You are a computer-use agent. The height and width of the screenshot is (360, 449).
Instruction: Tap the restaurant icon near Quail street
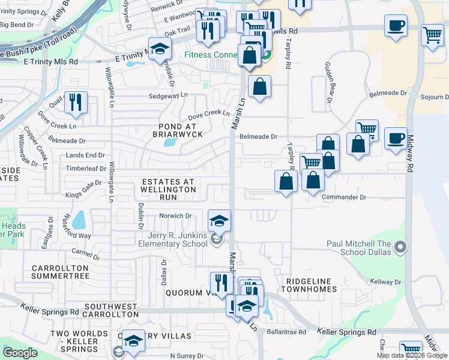click(x=76, y=102)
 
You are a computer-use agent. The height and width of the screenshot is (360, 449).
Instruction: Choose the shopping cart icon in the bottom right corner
click(x=411, y=350)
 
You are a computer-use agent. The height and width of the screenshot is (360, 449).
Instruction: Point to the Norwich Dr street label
click(x=175, y=216)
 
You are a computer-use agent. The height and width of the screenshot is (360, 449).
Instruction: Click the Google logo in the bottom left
click(x=20, y=353)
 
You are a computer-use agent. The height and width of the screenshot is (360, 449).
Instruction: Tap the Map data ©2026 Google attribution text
click(x=412, y=355)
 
